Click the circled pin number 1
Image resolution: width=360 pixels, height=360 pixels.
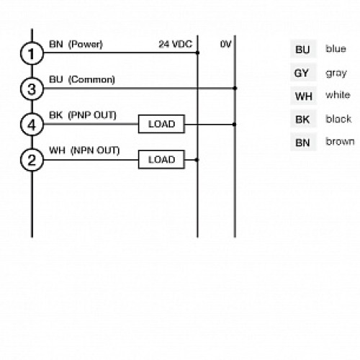coord(31,53)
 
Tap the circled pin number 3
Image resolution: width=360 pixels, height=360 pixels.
coord(31,89)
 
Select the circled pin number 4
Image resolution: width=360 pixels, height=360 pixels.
coord(31,125)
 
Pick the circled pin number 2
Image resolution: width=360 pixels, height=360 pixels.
coord(31,160)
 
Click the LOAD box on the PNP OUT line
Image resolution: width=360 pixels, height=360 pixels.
coord(161,124)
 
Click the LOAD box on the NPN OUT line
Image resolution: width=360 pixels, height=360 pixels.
coord(161,159)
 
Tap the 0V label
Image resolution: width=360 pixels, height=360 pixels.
coord(225,44)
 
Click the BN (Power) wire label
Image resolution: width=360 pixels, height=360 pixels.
coord(76,44)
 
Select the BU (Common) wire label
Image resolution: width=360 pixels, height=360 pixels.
coord(81,79)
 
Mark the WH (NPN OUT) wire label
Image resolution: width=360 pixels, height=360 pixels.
coord(84,150)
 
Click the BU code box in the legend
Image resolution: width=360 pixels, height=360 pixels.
coord(302,50)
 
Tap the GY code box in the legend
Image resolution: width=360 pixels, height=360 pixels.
coord(302,73)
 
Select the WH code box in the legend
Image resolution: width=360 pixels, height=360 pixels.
coord(302,96)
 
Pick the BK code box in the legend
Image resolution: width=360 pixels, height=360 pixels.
coord(302,120)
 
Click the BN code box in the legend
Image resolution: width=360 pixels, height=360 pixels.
coord(302,143)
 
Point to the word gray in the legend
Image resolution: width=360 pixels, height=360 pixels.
coord(336,73)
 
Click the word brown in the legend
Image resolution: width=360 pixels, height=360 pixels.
coord(339,142)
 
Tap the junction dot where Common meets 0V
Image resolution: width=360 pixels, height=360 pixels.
coord(235,89)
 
